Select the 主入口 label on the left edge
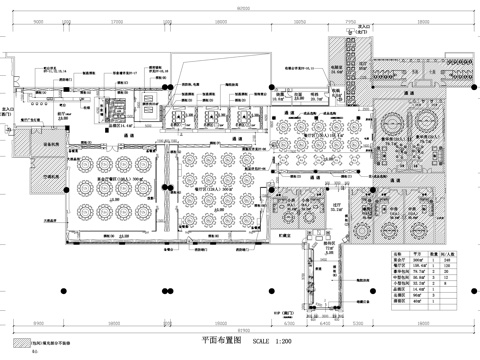8,113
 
